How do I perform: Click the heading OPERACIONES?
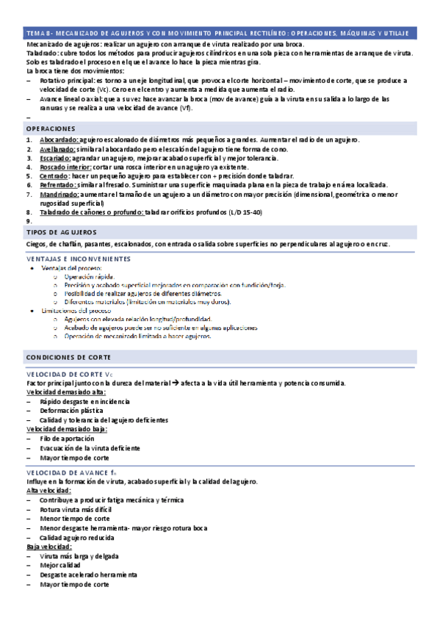tap(51, 128)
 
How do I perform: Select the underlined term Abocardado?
tap(58, 140)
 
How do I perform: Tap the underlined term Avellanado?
tap(58, 149)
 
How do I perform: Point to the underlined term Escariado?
tap(56, 158)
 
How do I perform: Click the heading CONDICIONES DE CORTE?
tap(68, 356)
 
